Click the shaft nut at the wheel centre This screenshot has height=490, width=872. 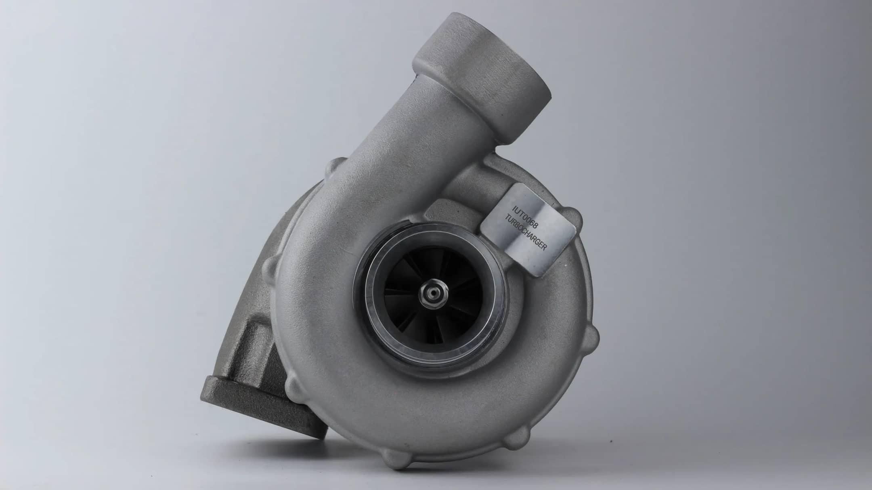click(434, 292)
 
